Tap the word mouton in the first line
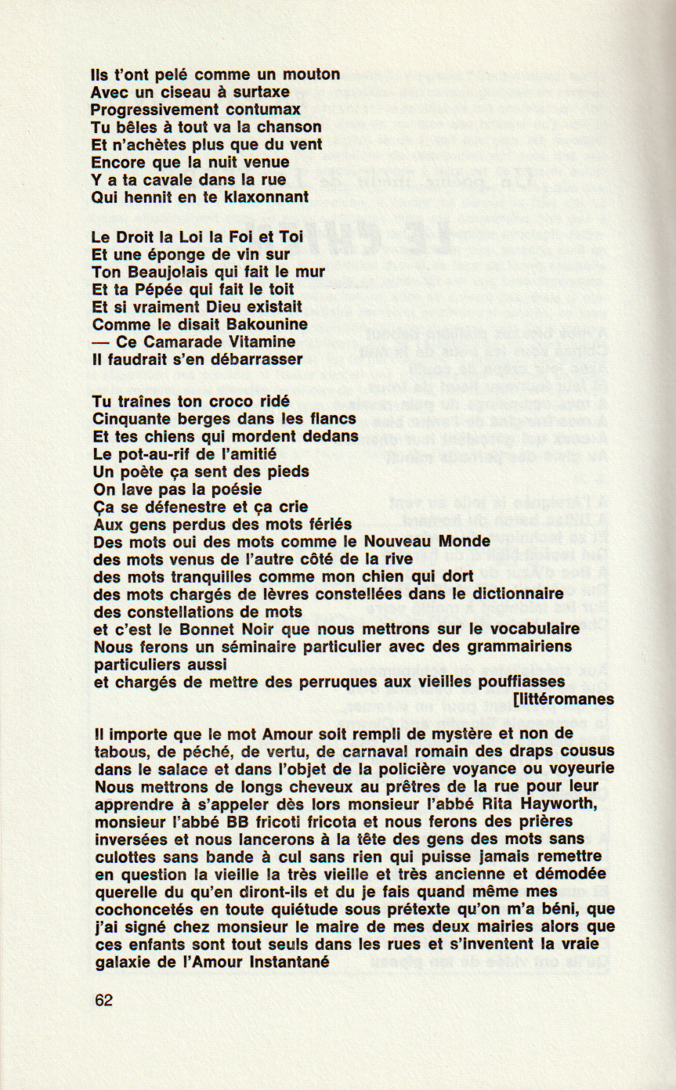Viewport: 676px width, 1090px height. pos(309,75)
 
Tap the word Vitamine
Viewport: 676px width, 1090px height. pos(259,341)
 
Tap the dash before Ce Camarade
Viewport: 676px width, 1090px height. pos(102,341)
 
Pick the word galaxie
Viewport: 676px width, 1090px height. pos(125,963)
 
